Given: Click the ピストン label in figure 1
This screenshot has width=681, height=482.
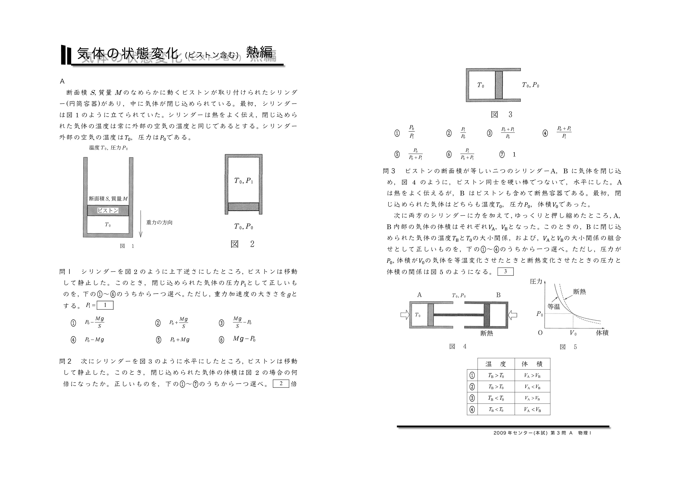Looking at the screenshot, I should pos(108,211).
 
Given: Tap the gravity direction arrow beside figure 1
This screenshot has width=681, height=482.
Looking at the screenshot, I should pos(141,224).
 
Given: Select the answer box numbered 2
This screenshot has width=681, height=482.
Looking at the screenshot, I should pos(281,384).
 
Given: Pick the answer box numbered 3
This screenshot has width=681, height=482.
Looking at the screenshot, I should pos(505,271).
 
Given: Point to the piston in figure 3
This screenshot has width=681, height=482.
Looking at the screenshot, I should pos(499,85).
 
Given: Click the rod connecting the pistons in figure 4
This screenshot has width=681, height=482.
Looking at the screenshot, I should pos(459,315).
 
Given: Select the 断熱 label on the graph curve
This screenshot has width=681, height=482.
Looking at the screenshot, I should pos(579,292).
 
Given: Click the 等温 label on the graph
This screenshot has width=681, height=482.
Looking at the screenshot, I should pos(554,307).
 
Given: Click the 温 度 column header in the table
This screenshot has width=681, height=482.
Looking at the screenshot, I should pos(495,364).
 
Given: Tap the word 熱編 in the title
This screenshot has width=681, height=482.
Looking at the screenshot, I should pos(259,52).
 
